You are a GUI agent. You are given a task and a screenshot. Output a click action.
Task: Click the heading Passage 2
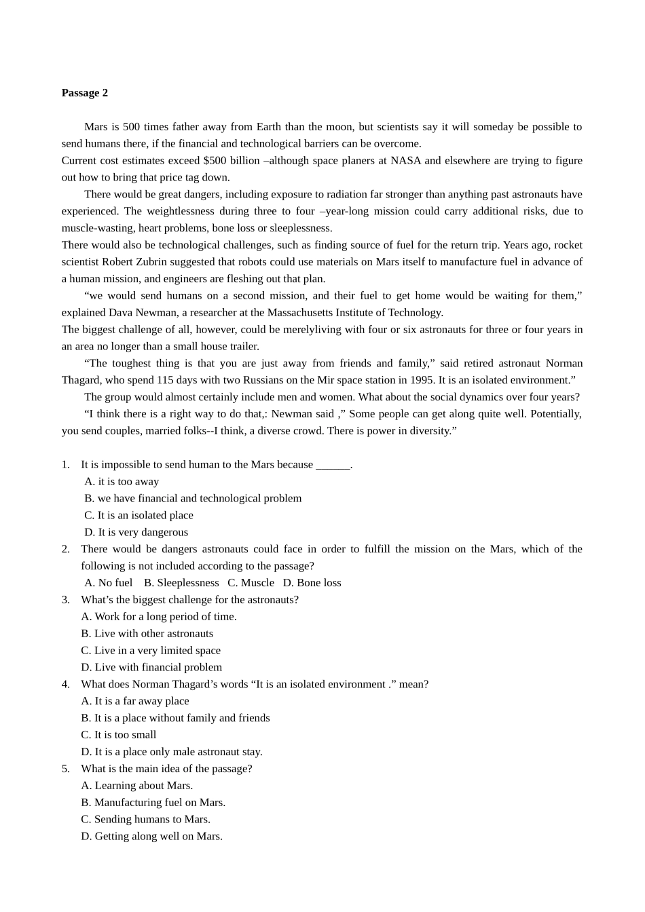pos(84,93)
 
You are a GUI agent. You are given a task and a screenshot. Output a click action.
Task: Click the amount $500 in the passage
pos(215,161)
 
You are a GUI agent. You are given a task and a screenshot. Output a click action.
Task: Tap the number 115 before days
pos(165,380)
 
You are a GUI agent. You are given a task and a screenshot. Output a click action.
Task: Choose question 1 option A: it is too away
pos(122,482)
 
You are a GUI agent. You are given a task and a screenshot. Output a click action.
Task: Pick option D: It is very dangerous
pos(136,533)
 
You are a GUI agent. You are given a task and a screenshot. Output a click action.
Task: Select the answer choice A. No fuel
pos(109,583)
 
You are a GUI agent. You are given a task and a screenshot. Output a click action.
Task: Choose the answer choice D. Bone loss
pos(312,583)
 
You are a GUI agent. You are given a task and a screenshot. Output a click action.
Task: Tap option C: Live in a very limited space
pos(151,651)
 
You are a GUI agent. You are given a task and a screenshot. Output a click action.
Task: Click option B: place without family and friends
pos(175,718)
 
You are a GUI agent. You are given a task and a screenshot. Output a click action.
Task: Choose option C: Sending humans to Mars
pos(145,820)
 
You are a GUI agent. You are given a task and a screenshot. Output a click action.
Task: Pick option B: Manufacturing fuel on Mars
pos(153,803)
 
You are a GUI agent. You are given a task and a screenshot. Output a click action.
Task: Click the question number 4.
pos(66,685)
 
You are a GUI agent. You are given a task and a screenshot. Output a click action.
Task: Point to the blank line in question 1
pos(333,465)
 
